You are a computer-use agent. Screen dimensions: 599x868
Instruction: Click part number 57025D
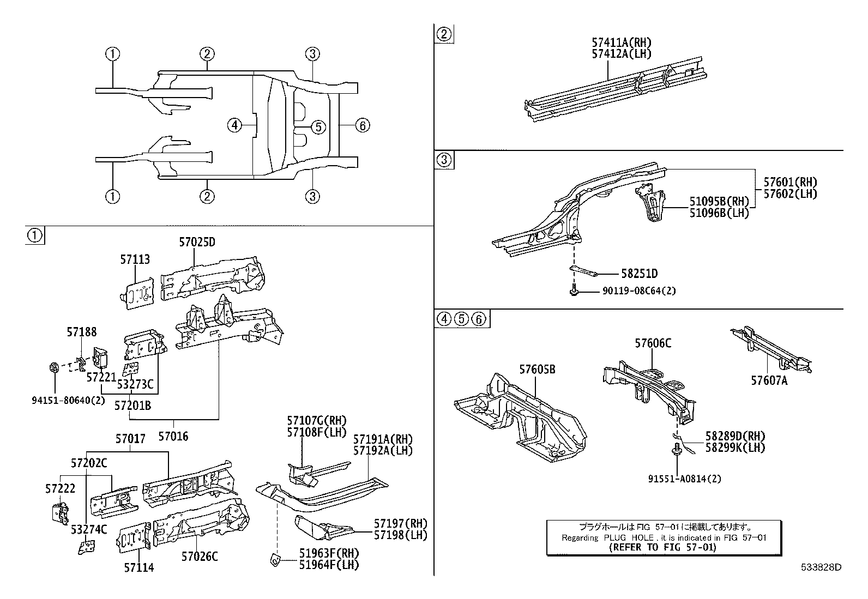click(x=197, y=242)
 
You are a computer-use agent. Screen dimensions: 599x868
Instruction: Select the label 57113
click(x=135, y=260)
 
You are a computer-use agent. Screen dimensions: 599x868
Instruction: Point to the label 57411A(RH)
click(x=622, y=43)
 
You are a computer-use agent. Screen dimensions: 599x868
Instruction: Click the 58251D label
click(x=639, y=274)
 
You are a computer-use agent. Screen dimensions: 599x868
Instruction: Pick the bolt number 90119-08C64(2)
click(x=639, y=291)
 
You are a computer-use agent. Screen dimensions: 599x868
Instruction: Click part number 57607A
click(x=769, y=381)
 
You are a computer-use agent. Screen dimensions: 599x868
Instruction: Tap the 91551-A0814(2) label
click(x=684, y=479)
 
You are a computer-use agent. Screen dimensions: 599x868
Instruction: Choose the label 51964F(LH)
click(x=329, y=565)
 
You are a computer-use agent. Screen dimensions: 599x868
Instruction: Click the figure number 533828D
click(x=821, y=567)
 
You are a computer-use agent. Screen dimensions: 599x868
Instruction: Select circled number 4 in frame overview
click(x=234, y=126)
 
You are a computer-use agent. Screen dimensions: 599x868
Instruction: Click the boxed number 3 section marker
click(x=444, y=160)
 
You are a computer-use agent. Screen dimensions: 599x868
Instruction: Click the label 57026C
click(x=200, y=556)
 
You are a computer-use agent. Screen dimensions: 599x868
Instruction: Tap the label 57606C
click(x=653, y=343)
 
